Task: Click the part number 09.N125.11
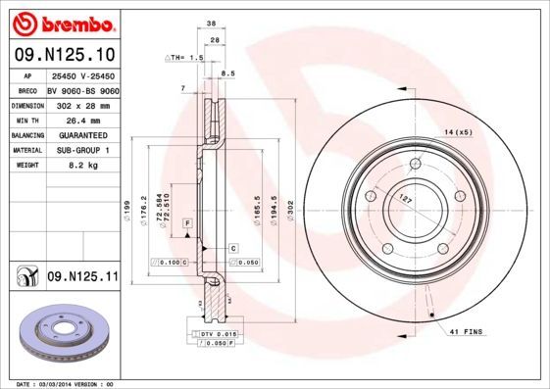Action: point(82,277)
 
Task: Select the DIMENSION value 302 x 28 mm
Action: point(81,104)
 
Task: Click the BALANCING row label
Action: point(25,135)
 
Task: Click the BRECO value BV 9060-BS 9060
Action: point(82,88)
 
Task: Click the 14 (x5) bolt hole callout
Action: point(458,131)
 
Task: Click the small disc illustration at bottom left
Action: point(61,335)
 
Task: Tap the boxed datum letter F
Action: point(187,224)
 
